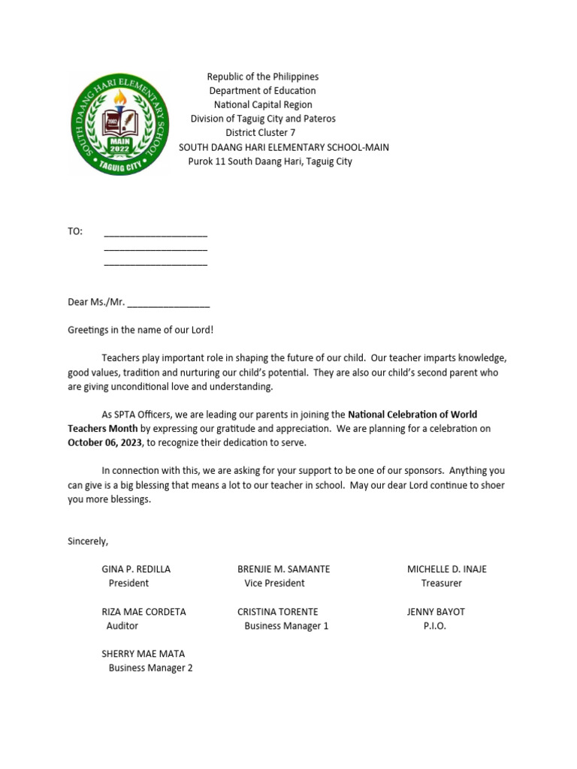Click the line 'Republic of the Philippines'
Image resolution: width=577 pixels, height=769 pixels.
(263, 77)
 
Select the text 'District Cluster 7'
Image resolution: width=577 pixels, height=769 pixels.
(261, 133)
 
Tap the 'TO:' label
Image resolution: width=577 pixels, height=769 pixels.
(75, 231)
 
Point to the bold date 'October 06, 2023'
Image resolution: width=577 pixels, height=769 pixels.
(105, 443)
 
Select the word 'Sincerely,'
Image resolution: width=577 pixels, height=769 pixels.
(88, 541)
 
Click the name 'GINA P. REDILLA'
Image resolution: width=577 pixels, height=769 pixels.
(136, 569)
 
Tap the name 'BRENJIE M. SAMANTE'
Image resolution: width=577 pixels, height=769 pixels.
(283, 569)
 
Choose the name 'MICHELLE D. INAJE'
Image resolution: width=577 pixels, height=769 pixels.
(446, 569)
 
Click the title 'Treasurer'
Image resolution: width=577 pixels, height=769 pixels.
(441, 584)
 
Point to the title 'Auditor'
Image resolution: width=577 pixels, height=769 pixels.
(122, 626)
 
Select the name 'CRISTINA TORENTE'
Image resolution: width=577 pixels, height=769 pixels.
(277, 612)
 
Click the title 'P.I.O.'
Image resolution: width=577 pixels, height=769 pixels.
(434, 626)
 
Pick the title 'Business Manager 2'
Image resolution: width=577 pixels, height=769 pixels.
(150, 668)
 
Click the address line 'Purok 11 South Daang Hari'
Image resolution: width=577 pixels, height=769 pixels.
(270, 161)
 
